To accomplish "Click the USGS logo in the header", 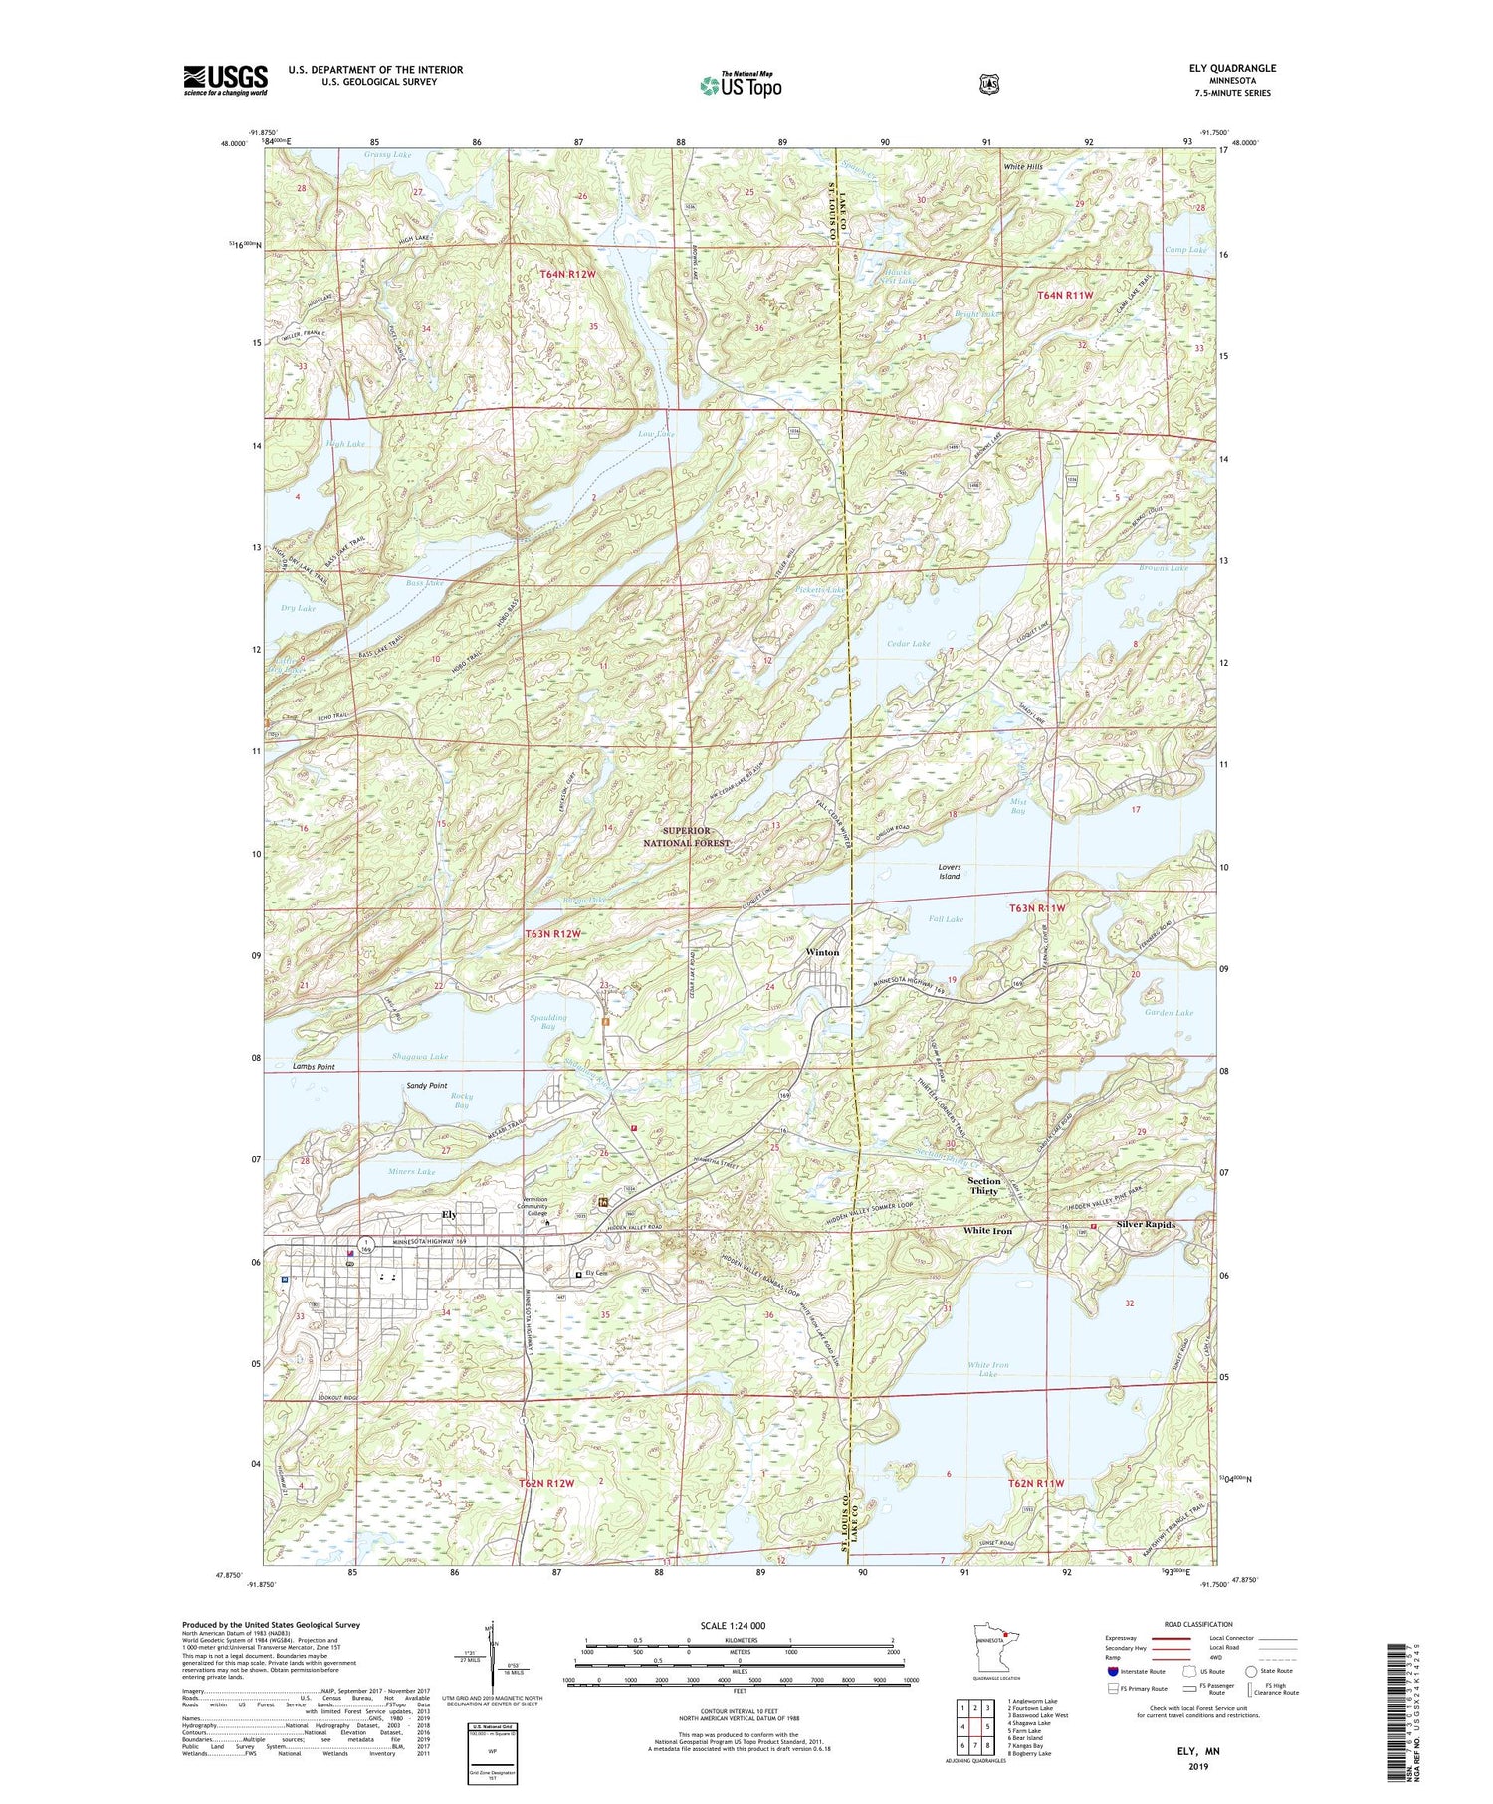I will click(x=225, y=80).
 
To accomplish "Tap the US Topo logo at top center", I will click(x=741, y=85).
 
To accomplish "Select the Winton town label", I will click(x=822, y=952).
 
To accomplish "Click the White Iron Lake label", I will click(x=987, y=1369).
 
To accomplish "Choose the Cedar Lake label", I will click(x=908, y=644).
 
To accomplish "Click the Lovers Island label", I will click(x=950, y=872).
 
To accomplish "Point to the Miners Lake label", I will click(x=412, y=1171).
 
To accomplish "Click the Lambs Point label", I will click(x=314, y=1067).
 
